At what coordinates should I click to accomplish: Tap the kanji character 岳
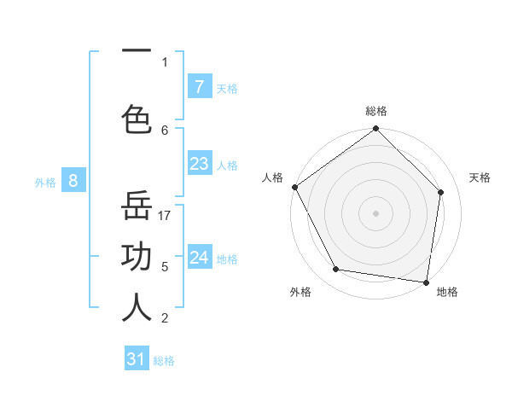(x=137, y=206)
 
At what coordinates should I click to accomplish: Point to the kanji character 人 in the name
(x=137, y=307)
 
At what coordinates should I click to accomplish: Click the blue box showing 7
(x=199, y=87)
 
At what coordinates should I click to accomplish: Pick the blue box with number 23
(x=199, y=164)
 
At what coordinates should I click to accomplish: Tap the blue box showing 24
(x=199, y=258)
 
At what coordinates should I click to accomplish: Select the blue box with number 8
(x=73, y=181)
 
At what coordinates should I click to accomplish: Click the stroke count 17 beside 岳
(x=166, y=216)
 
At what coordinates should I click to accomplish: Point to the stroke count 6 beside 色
(x=165, y=130)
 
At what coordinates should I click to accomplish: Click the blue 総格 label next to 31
(x=164, y=361)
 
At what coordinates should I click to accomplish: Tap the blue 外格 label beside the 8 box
(x=45, y=182)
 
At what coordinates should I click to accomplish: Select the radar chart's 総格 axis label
(x=376, y=111)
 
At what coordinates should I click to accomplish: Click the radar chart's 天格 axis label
(x=480, y=177)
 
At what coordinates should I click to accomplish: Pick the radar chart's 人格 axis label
(x=272, y=177)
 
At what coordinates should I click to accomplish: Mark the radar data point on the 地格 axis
(x=427, y=282)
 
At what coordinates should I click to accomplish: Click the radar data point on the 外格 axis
(x=336, y=270)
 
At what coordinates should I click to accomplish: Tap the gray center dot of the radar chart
(x=376, y=213)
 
